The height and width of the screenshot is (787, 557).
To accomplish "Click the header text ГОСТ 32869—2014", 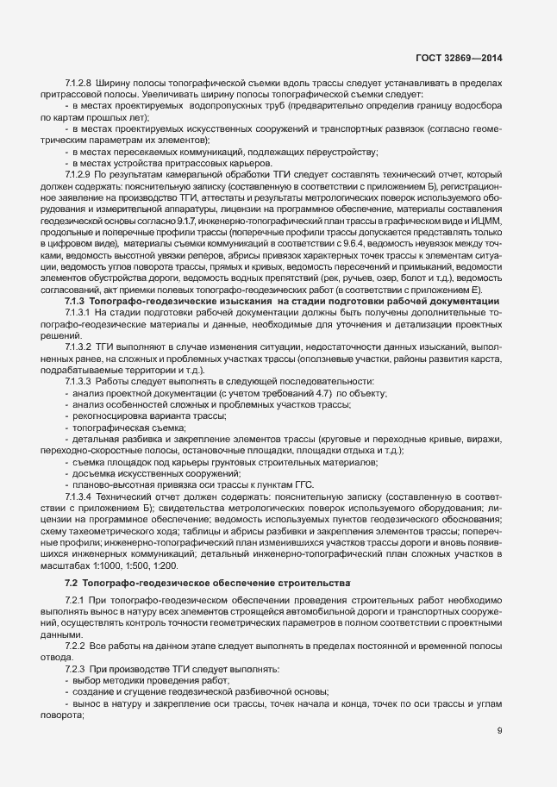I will pos(461,59).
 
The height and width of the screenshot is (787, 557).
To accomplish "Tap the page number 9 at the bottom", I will pos(499,730).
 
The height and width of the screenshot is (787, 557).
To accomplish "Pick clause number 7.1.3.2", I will pos(78,369).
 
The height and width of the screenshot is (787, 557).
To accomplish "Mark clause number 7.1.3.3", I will pos(78,404).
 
